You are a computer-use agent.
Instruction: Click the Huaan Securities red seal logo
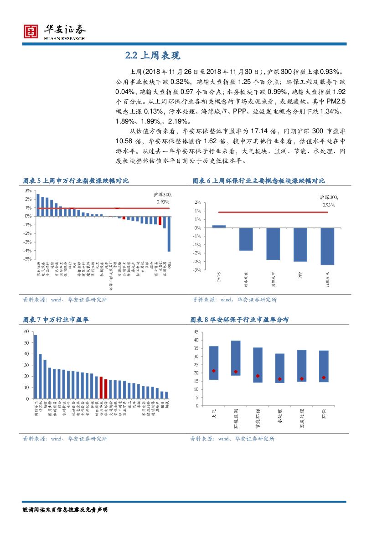point(31,31)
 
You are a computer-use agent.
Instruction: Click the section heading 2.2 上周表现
point(153,56)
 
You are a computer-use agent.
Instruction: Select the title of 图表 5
point(76,181)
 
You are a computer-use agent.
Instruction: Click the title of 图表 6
point(258,181)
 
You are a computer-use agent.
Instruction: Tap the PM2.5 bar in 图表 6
point(219,226)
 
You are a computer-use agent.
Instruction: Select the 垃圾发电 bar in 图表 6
point(327,246)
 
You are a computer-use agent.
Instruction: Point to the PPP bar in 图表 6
point(300,244)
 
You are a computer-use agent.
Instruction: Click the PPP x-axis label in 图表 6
point(300,275)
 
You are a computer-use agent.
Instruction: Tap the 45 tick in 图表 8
point(196,331)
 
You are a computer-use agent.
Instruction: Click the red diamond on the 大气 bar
point(214,371)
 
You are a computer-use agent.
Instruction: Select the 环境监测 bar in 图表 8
point(236,358)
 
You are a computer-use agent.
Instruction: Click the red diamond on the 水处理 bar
point(279,379)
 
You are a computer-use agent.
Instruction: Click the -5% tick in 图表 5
point(28,259)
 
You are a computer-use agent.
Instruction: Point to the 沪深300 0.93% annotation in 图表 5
point(162,198)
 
